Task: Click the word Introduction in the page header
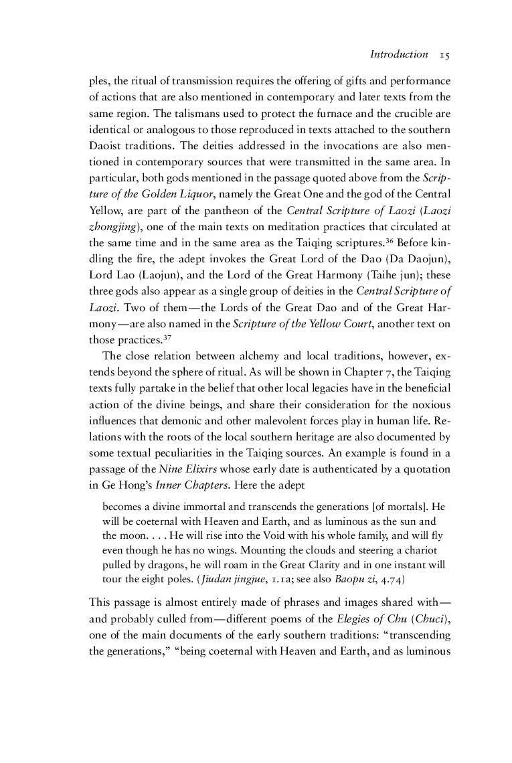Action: click(390, 54)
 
